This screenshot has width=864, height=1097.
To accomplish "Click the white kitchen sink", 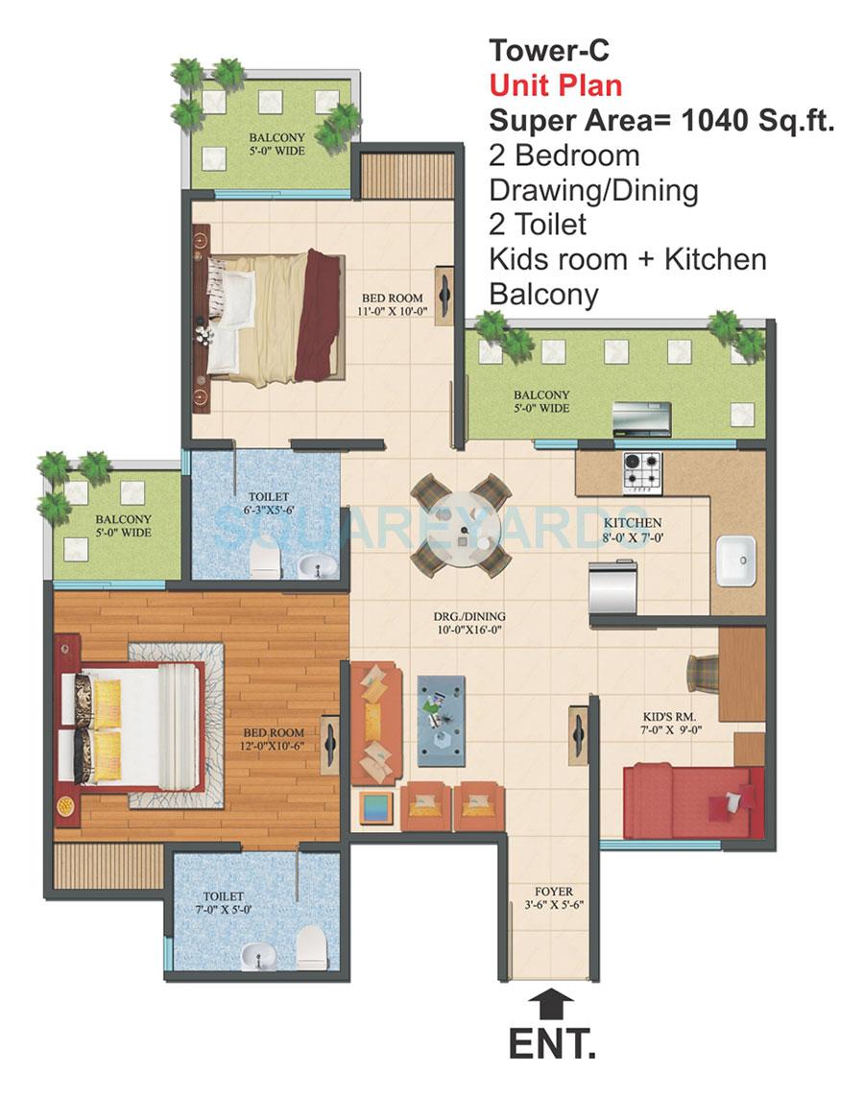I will [x=735, y=558].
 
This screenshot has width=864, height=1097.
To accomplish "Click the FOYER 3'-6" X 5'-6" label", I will [x=550, y=897].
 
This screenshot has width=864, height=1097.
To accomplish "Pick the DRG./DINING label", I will [x=468, y=623].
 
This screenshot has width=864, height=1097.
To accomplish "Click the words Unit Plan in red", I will [x=555, y=84].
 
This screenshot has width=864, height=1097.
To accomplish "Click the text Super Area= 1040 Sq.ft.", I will [x=661, y=121].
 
